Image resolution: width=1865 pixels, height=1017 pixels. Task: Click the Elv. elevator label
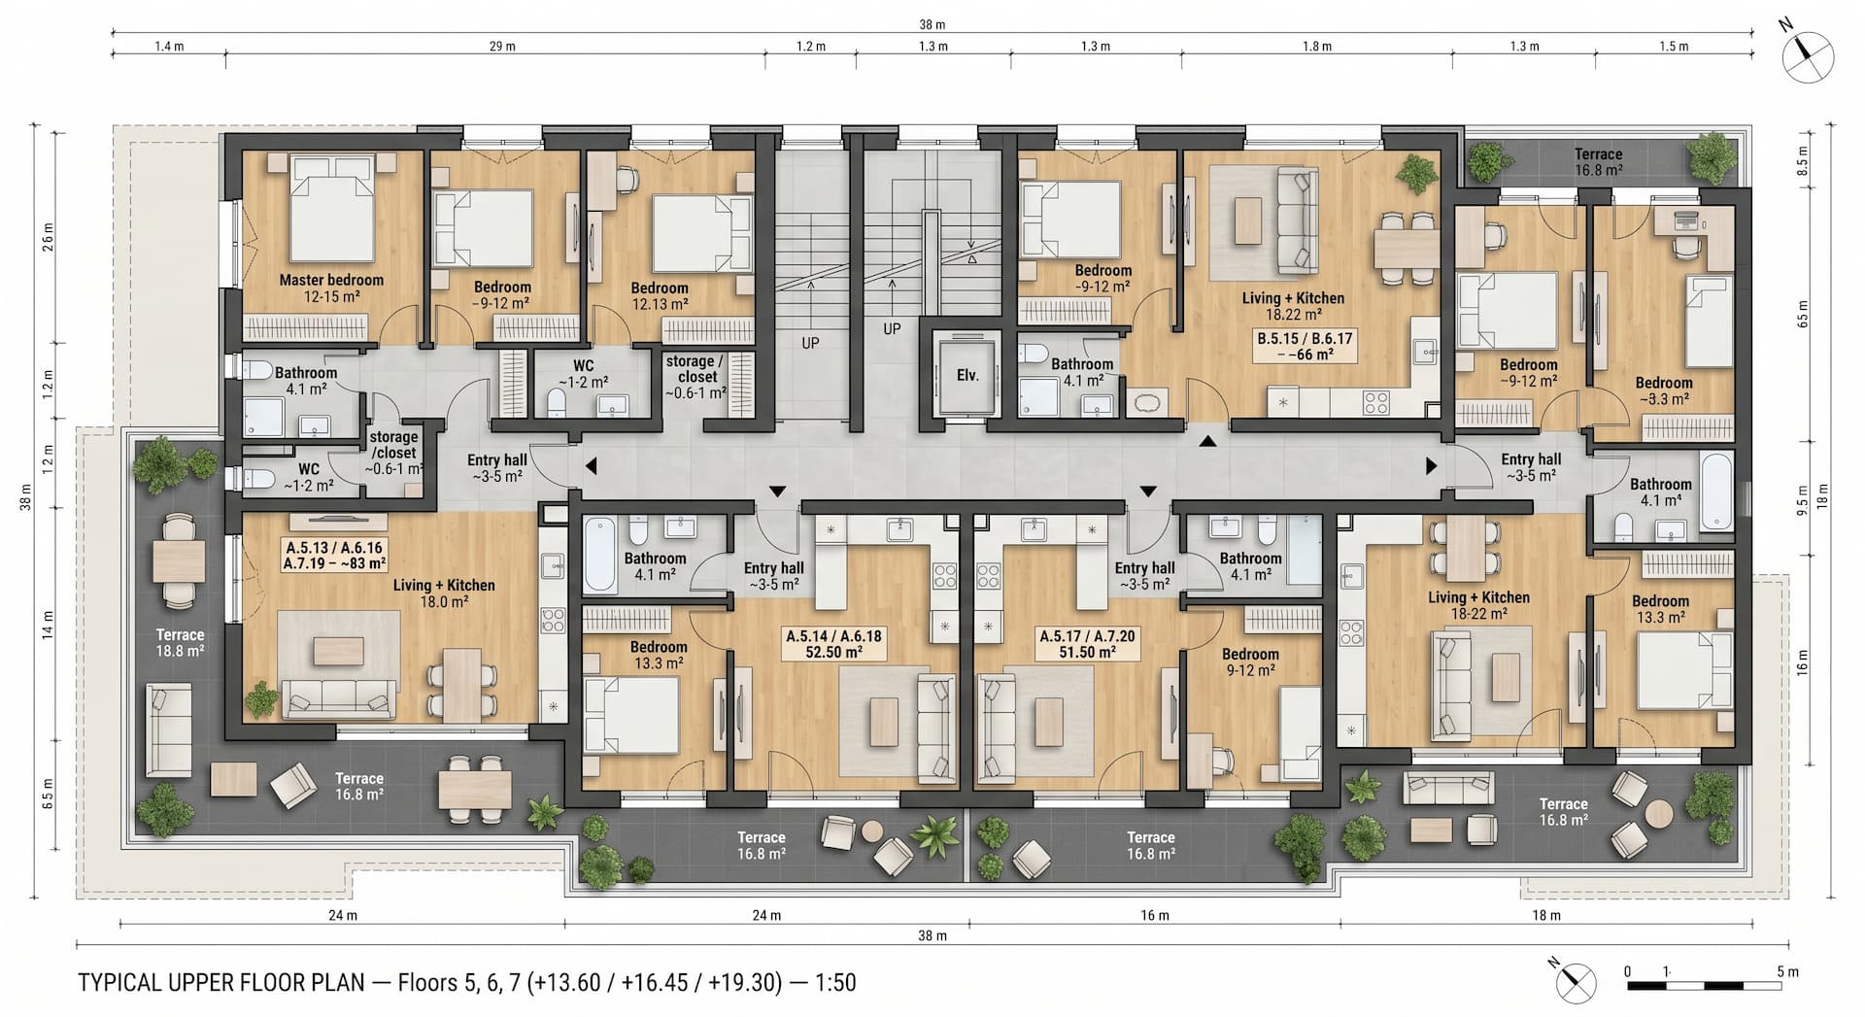pos(967,375)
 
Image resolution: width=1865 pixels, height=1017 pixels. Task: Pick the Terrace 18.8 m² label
pos(181,643)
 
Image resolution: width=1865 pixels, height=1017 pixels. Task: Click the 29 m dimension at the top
pos(502,46)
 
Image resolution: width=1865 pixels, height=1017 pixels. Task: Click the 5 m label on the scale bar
pos(1787,971)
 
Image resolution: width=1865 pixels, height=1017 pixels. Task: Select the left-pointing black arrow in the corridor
pos(591,467)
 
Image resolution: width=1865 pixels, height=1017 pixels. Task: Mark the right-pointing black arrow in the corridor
pos(1431,466)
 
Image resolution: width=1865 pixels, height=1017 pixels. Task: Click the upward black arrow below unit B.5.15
pos(1206,442)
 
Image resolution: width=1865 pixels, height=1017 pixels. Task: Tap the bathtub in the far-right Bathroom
pos(1715,492)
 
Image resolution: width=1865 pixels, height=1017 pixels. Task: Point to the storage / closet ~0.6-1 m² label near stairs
pos(696,377)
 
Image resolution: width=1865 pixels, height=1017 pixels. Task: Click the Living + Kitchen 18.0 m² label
pos(444,593)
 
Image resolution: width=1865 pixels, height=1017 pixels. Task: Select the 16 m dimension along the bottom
pos(1155,915)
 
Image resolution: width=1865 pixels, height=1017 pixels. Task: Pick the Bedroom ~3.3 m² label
pos(1664,390)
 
